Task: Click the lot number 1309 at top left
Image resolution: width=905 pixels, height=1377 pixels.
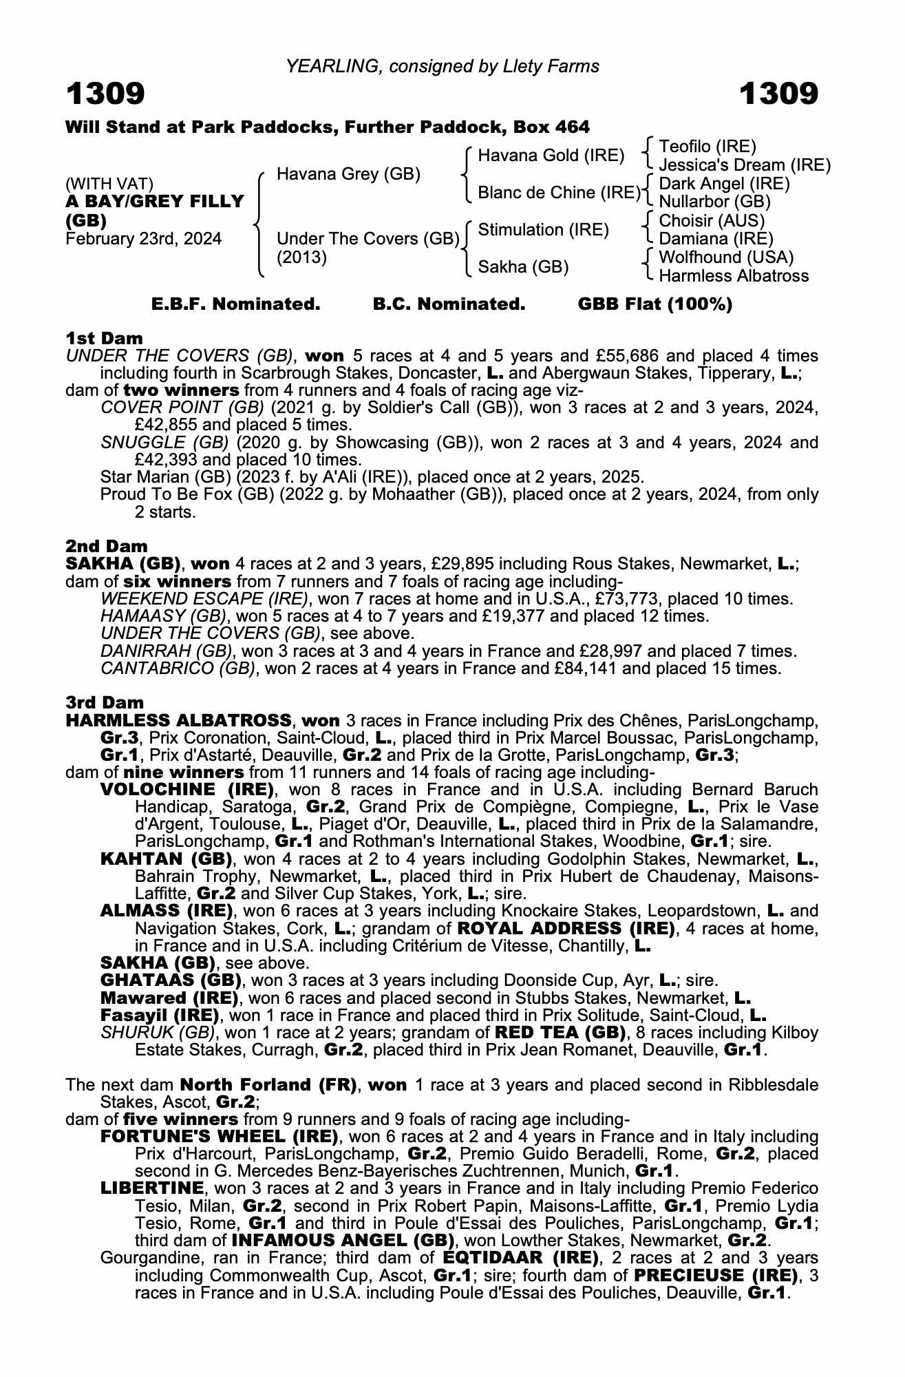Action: [105, 94]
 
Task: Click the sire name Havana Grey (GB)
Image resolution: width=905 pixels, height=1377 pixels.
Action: [348, 174]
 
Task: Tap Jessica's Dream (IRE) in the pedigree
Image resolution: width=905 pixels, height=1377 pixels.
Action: [745, 165]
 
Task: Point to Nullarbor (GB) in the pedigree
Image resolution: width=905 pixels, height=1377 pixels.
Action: [714, 202]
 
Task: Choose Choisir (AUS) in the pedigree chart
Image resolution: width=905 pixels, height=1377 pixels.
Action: [712, 220]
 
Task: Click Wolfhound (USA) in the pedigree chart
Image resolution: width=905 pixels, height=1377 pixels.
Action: [726, 257]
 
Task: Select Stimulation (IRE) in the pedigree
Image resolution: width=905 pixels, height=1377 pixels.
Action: [543, 229]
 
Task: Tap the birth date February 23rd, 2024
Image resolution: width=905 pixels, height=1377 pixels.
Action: [144, 239]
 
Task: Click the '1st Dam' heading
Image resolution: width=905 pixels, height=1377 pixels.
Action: [105, 338]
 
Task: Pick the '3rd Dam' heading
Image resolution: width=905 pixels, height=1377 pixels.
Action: [105, 702]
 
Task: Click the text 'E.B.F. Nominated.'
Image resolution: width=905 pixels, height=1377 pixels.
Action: [236, 304]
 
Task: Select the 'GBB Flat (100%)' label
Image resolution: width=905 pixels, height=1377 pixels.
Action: [655, 304]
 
